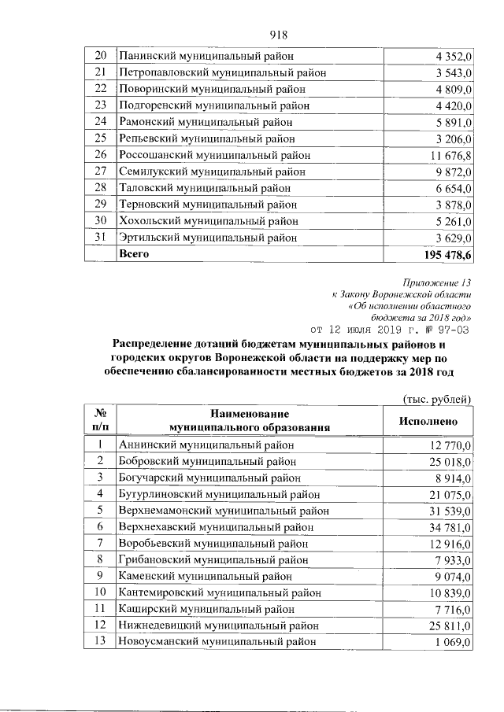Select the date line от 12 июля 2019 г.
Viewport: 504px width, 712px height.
tap(391, 329)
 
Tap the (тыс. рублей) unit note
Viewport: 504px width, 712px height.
tap(436, 400)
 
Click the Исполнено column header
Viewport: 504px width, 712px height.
tap(427, 421)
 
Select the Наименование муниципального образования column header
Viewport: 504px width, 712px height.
tap(248, 420)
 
